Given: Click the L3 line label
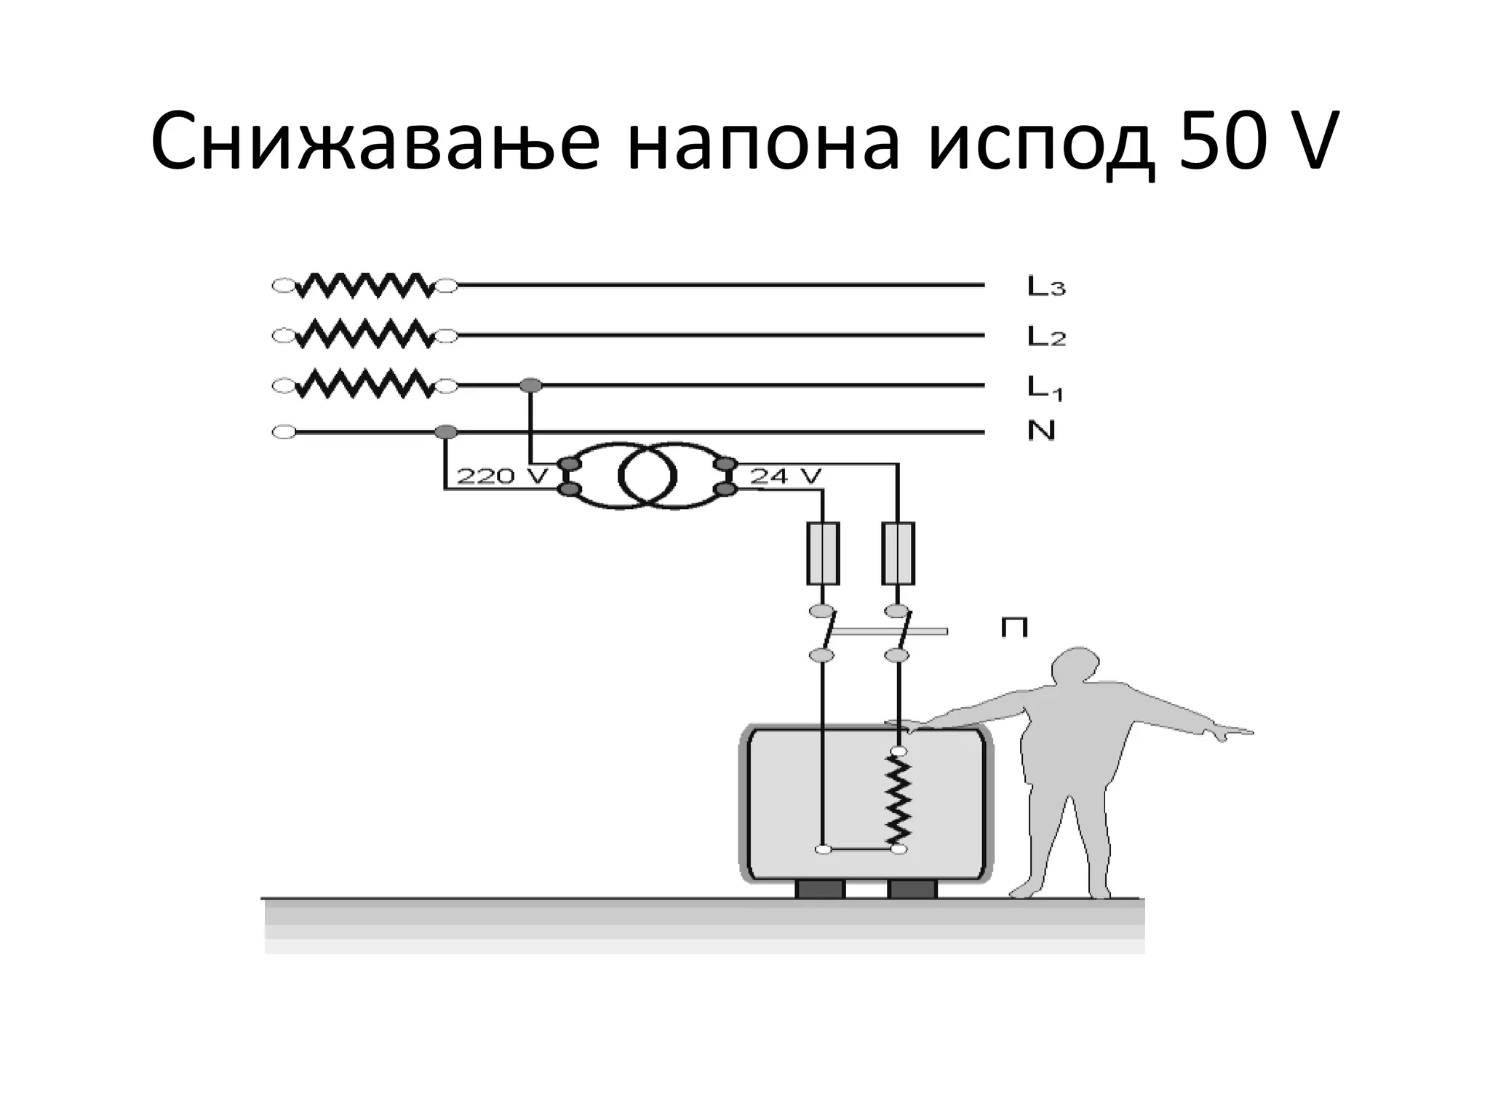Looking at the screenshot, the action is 1046,287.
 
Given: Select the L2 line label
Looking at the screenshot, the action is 1046,336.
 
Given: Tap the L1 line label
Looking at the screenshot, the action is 1045,387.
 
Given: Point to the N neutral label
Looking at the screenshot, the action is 1041,431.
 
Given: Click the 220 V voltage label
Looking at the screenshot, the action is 501,476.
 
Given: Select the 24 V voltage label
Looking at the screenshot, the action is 785,476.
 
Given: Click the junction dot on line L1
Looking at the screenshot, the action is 531,385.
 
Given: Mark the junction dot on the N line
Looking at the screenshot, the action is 445,433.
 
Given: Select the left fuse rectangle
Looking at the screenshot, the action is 823,553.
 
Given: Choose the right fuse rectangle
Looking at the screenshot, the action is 898,553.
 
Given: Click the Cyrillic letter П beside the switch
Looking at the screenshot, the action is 1014,628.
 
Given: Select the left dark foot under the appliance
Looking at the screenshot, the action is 820,889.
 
